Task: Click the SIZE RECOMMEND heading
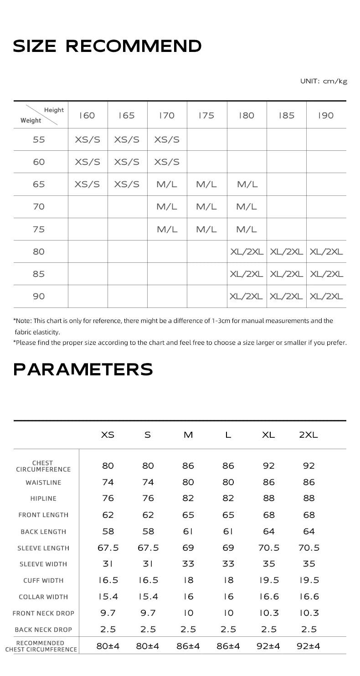107,46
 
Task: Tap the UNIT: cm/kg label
324,81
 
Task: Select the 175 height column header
206,116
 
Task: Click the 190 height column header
326,116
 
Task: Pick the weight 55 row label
39,140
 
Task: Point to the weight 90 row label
39,297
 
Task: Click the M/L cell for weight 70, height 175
206,207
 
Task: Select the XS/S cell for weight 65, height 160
87,184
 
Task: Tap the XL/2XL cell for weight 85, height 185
286,274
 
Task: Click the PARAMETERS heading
83,369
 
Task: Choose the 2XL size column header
309,435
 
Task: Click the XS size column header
108,435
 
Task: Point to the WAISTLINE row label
43,482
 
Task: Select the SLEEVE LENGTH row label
43,548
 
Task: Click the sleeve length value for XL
269,548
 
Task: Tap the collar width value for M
188,597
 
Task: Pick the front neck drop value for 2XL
309,613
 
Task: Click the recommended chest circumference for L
228,646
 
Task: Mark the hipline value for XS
108,498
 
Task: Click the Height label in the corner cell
54,110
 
